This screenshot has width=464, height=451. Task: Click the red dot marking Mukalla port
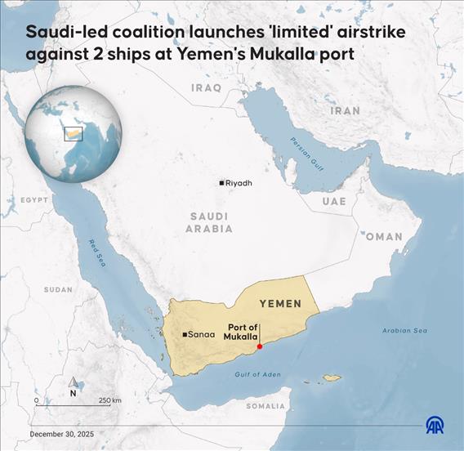point(260,346)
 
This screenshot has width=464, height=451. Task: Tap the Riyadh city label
point(239,183)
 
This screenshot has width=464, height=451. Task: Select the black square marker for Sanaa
point(185,334)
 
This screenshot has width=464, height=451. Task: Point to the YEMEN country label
point(280,303)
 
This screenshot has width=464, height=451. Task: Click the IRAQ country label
point(206,87)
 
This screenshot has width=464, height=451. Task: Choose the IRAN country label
point(345,109)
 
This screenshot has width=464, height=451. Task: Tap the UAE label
point(333,201)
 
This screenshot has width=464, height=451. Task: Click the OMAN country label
point(384,236)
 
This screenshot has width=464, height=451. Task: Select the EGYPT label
point(34,199)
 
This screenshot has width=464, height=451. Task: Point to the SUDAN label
point(58,289)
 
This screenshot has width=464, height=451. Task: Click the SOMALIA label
point(266,405)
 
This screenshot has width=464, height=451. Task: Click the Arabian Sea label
point(405,331)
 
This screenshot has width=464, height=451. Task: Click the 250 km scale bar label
point(110,400)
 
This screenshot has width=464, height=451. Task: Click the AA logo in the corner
point(435,425)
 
